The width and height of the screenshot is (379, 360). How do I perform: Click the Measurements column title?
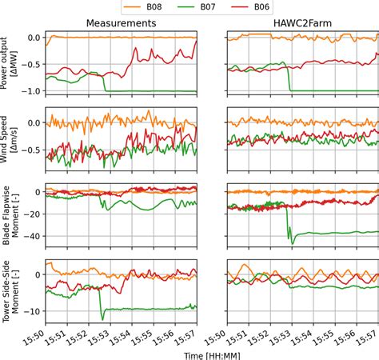[121, 24]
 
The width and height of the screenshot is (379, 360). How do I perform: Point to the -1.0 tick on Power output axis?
[31, 90]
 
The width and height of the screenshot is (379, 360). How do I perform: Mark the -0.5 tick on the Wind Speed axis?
[31, 148]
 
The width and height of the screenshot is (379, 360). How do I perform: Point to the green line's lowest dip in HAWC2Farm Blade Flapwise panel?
[292, 242]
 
